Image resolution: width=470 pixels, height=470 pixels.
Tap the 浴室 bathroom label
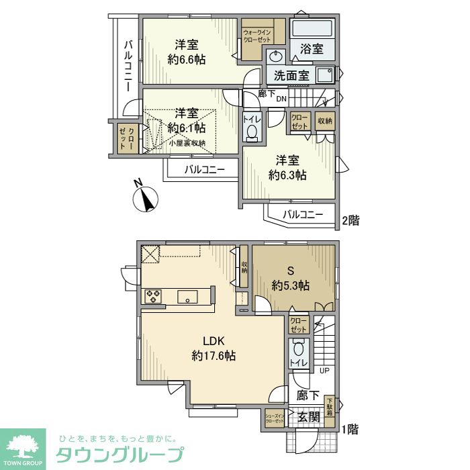tap(312, 49)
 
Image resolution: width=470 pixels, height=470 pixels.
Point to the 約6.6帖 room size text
tap(187, 59)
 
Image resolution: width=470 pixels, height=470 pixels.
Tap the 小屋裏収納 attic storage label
tap(187, 143)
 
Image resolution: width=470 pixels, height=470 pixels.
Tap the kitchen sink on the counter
tap(187, 296)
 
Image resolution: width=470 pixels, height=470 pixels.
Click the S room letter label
tap(291, 271)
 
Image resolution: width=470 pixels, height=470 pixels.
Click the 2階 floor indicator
tap(350, 220)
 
